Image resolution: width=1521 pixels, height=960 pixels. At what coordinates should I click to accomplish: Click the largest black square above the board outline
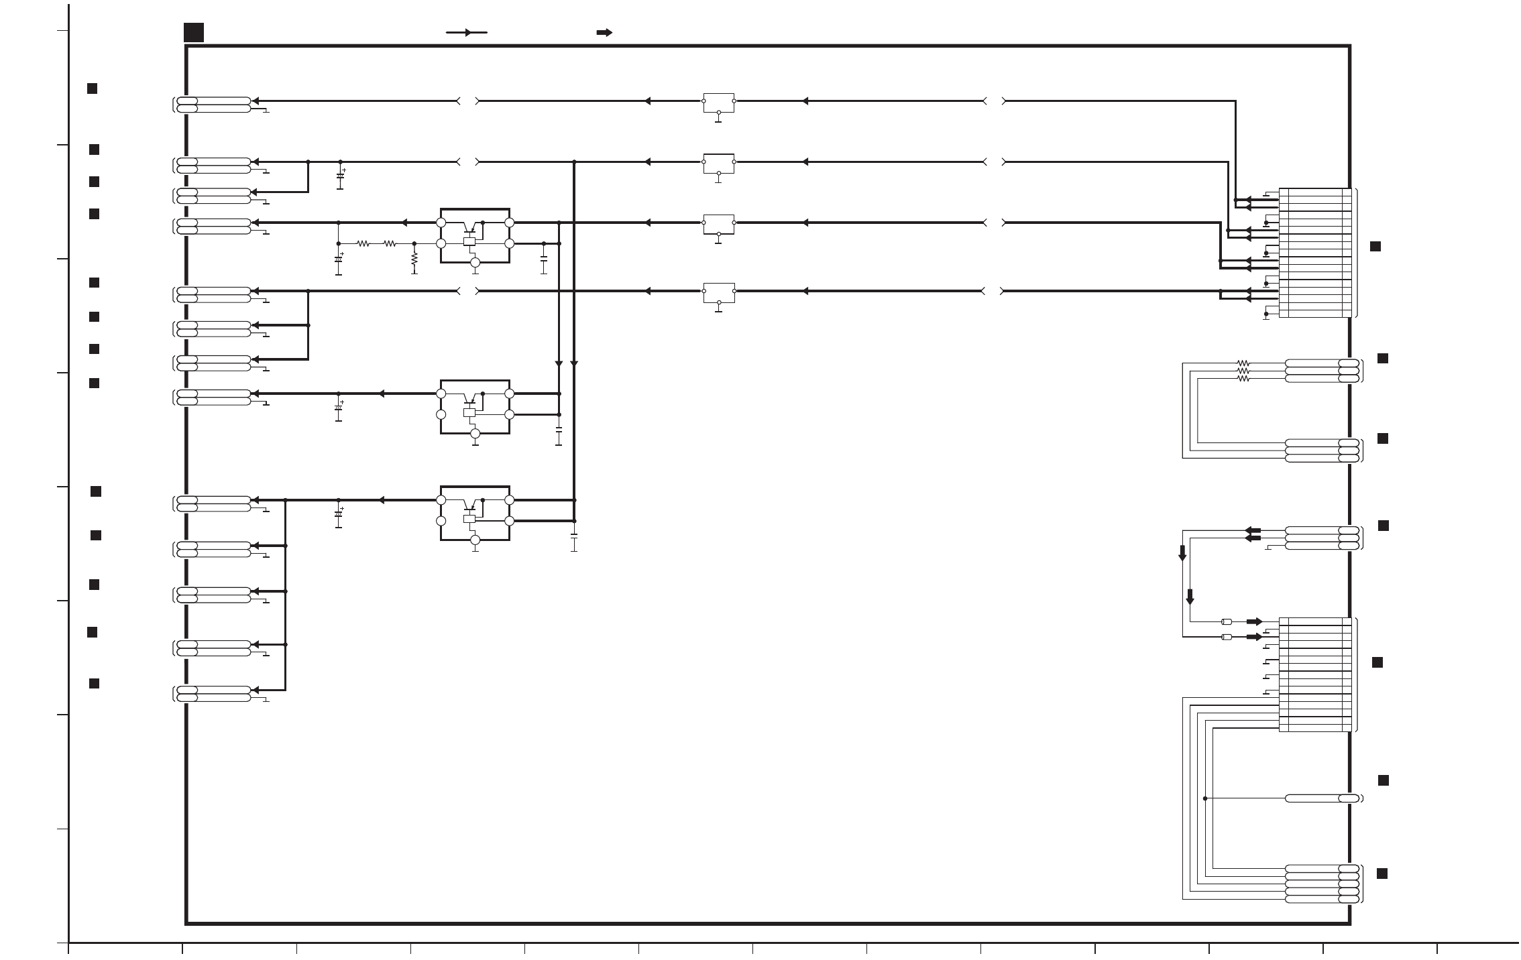pos(194,32)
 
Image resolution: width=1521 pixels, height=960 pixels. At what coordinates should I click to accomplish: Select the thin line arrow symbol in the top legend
pos(467,32)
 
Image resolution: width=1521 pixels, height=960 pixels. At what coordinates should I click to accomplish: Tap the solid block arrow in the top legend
pos(604,32)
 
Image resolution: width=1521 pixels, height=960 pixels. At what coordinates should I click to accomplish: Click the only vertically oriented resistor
pos(414,258)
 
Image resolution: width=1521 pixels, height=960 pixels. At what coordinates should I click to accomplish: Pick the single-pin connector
pos(1322,798)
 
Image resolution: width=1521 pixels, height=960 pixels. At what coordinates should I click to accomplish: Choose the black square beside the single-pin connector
pos(1383,780)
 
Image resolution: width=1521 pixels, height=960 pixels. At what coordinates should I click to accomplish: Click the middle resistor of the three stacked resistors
pos(1243,371)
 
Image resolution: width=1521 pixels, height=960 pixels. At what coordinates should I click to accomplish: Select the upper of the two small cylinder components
pos(1227,621)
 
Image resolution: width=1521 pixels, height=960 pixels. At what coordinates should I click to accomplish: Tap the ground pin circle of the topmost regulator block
pos(475,263)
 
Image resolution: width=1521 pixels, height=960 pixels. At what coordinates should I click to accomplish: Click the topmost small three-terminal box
pos(718,103)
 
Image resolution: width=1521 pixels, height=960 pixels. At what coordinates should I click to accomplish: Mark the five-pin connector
pos(1322,884)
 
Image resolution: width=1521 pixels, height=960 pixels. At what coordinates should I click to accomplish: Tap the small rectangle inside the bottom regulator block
pos(469,519)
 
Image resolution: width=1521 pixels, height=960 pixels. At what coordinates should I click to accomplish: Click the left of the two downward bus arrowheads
pos(559,364)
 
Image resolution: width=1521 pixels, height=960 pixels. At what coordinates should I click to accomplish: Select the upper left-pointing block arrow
pos(1252,530)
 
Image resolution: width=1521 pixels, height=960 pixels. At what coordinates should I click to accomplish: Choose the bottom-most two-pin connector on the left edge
pos(213,694)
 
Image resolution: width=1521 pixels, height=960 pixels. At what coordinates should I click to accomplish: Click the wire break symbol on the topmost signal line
pos(468,101)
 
